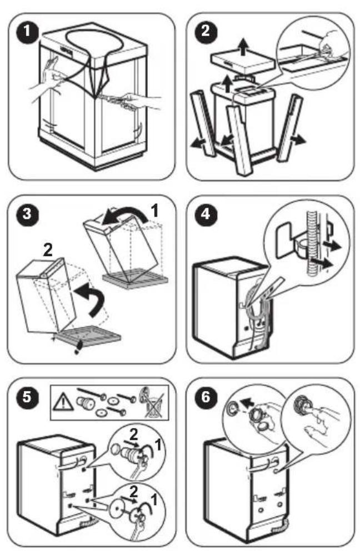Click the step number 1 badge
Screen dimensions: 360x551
[x=27, y=32]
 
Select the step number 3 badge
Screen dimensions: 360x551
[x=27, y=214]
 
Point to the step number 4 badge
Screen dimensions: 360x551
[x=206, y=214]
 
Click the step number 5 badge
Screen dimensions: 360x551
[x=27, y=397]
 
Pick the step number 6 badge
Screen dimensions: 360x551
[x=206, y=397]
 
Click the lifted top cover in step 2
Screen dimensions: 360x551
[x=243, y=62]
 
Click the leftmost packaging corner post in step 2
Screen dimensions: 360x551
[x=203, y=123]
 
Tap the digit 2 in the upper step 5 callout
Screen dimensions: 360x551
[x=133, y=435]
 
